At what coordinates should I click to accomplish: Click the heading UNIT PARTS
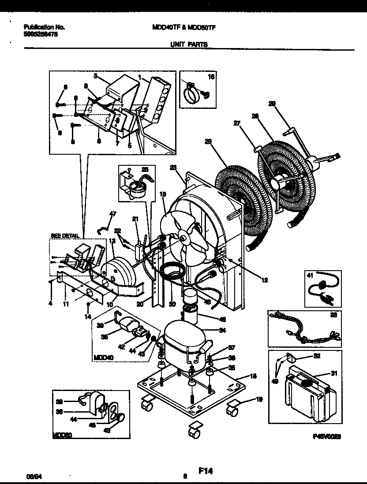click(188, 45)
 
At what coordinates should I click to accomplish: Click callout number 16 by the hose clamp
click(210, 77)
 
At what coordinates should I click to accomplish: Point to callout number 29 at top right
click(272, 104)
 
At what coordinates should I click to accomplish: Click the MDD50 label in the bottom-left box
click(62, 435)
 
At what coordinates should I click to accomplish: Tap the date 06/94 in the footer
click(30, 477)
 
